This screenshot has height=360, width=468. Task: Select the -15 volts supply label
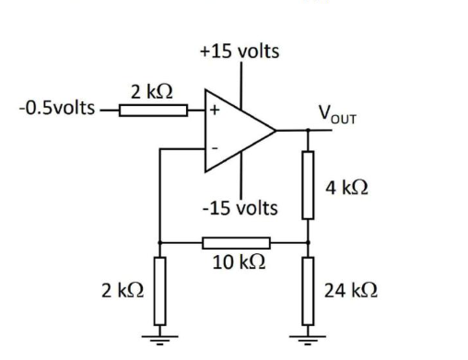[240, 207]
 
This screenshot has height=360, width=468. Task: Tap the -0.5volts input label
[56, 109]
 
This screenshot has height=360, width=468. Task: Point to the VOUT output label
[337, 114]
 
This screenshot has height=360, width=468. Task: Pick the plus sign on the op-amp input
[216, 109]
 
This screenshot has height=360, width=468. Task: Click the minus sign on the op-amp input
[215, 148]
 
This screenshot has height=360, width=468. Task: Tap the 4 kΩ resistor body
[309, 184]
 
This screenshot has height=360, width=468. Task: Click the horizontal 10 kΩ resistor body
[236, 243]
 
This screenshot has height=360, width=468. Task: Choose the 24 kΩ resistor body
[309, 289]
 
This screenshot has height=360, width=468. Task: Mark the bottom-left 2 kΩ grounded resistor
[160, 289]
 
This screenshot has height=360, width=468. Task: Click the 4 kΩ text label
[347, 187]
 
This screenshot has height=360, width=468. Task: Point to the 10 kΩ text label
[237, 262]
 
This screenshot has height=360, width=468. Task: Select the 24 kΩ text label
[352, 289]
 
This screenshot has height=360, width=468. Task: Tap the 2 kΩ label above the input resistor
[148, 91]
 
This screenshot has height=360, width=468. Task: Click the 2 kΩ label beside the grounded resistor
[123, 289]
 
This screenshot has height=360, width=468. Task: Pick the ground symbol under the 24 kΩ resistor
[309, 332]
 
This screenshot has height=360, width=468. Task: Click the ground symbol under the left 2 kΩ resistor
[160, 332]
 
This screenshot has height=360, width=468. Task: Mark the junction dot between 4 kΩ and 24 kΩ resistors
[309, 243]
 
